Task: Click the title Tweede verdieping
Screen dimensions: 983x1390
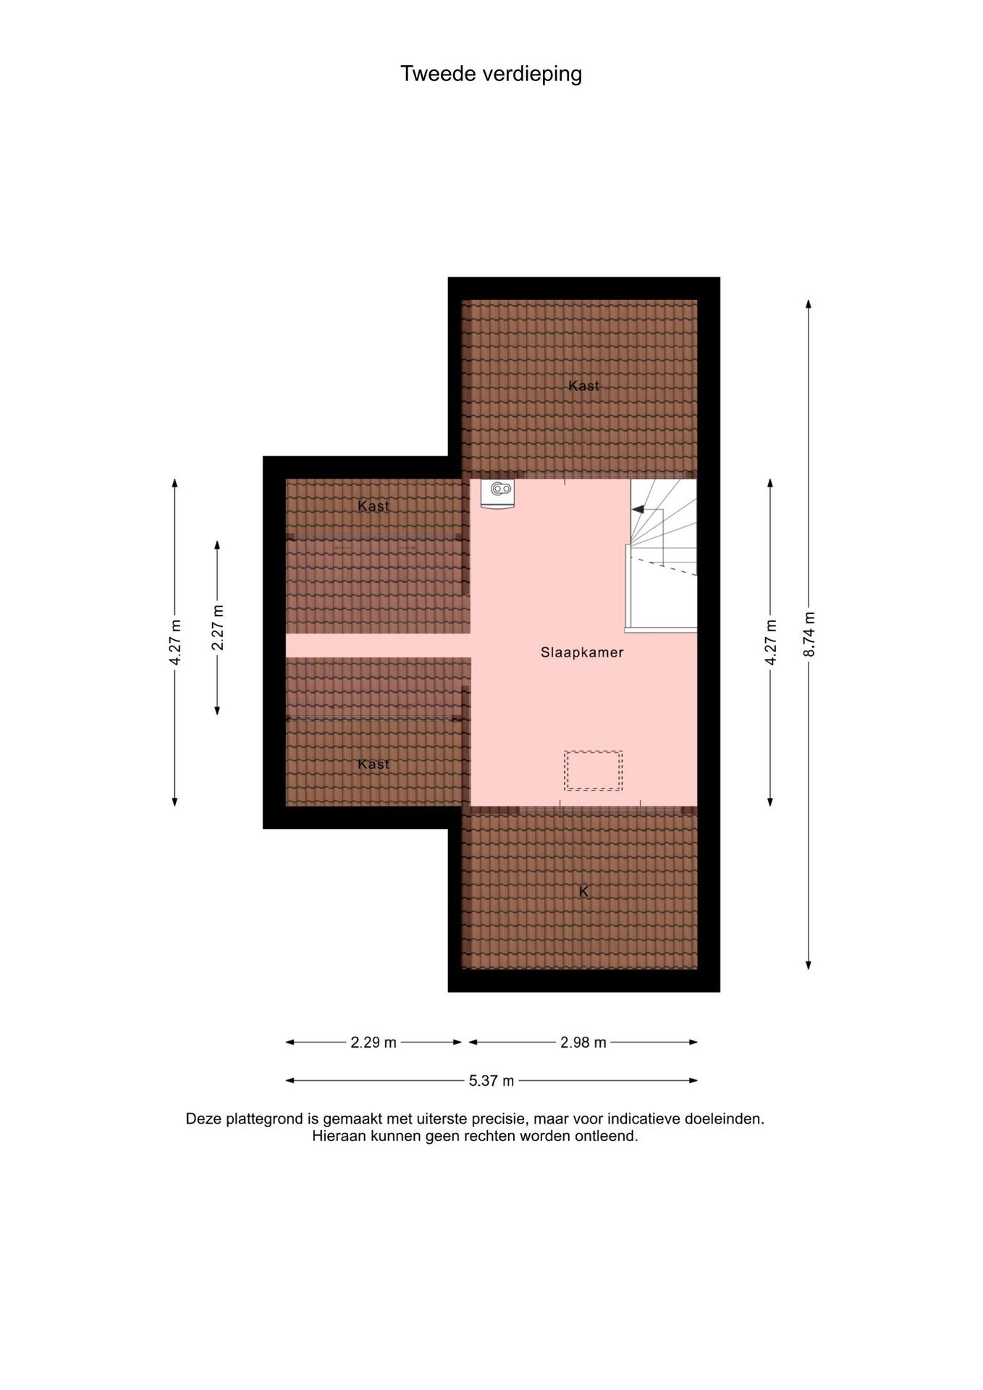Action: [491, 74]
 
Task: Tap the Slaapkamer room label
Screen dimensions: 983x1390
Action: [582, 652]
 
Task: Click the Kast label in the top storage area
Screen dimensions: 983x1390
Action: [583, 386]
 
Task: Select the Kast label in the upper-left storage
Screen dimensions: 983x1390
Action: [374, 506]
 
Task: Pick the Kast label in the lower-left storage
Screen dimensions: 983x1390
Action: [374, 764]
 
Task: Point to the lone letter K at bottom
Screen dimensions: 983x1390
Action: [583, 892]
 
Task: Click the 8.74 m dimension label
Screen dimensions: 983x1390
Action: [809, 634]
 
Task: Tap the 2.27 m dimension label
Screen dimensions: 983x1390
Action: [218, 627]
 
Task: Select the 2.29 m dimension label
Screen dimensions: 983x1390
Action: [374, 1042]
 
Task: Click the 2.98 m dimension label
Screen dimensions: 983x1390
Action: [583, 1042]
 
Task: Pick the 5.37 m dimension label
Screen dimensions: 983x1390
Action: [491, 1081]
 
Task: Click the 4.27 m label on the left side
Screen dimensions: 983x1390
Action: [175, 642]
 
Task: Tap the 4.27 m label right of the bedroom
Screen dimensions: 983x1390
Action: [771, 642]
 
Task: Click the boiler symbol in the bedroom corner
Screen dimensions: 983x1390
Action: [497, 494]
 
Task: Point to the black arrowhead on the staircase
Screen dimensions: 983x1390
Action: [638, 510]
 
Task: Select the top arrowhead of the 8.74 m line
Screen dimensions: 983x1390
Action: [809, 304]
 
